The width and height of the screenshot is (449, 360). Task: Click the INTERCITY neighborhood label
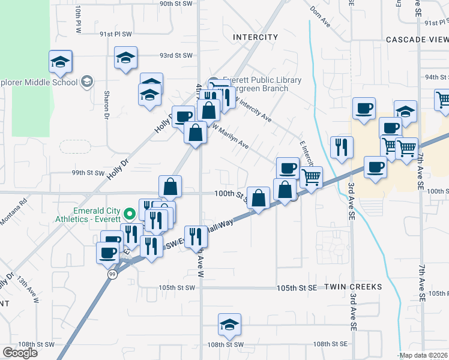tap(255, 37)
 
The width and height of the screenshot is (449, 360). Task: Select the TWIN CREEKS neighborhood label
tap(353, 287)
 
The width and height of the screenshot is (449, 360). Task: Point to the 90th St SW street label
tap(175, 4)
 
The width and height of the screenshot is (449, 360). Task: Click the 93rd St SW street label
tap(175, 56)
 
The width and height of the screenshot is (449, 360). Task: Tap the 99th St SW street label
tap(88, 173)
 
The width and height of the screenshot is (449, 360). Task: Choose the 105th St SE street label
tap(297, 289)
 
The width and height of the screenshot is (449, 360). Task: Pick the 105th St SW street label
tap(177, 288)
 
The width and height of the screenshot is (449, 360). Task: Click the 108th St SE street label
tap(330, 344)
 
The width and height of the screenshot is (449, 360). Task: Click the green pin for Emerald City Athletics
tap(128, 214)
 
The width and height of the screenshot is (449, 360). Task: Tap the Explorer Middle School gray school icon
tap(87, 82)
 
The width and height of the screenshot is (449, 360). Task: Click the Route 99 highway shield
tap(112, 274)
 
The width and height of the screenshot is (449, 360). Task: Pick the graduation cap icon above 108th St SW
tap(229, 325)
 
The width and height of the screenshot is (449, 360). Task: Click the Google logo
tap(20, 352)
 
